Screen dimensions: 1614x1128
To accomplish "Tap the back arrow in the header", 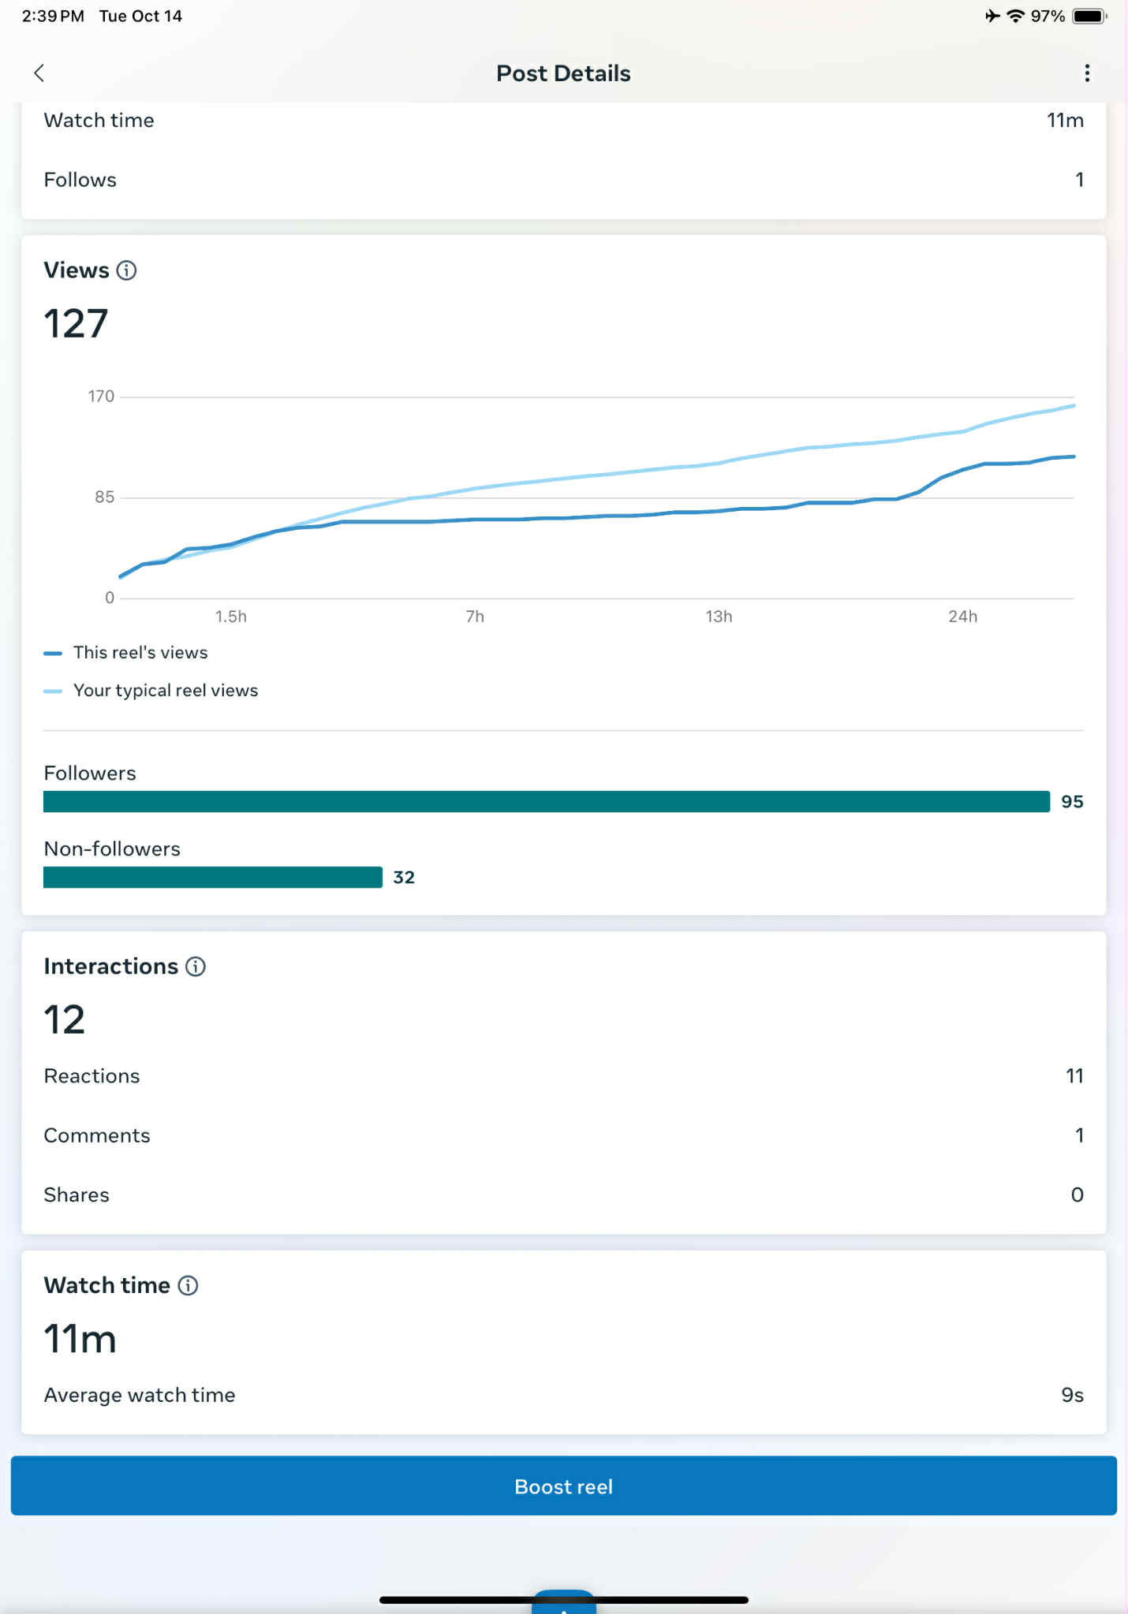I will click(39, 73).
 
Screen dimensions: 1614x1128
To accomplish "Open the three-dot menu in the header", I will click(1087, 73).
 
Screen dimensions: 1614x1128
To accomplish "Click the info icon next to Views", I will click(126, 270).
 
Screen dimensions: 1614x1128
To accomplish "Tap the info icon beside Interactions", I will click(196, 967).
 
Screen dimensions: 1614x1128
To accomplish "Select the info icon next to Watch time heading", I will click(188, 1285).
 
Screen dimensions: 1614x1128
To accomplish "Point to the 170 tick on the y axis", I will click(101, 397).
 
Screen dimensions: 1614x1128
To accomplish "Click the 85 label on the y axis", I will click(104, 498).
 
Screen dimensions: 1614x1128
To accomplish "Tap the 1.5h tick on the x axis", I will click(231, 617).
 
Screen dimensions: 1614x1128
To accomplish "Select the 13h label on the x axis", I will click(719, 617).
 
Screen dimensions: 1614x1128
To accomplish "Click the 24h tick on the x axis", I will click(962, 617).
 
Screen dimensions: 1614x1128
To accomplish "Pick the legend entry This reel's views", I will click(140, 653).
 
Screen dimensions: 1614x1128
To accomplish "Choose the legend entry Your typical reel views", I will click(166, 691).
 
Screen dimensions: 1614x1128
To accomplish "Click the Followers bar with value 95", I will click(546, 802).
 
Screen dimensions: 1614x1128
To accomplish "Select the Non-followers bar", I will click(213, 878).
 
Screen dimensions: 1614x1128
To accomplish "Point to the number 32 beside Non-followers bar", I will click(404, 878).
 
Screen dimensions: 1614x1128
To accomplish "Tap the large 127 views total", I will click(76, 324).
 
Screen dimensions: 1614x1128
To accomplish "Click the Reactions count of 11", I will click(1074, 1076).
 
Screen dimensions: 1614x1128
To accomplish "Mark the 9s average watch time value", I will click(1072, 1395).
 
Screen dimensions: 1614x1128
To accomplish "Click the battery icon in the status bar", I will click(1089, 17).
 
